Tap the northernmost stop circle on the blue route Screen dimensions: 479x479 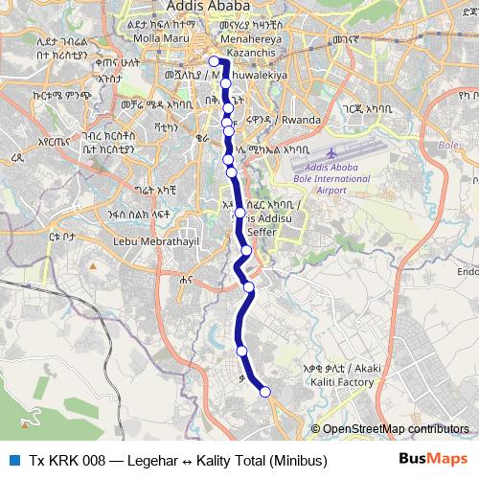214,61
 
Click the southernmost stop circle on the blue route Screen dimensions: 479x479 265,391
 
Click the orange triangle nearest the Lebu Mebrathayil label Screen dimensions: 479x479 92,263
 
